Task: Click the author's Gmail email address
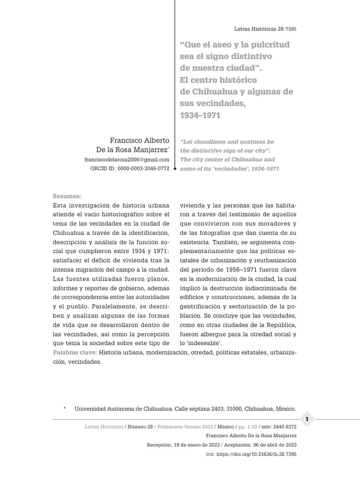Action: coord(127,159)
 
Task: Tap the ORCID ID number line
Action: coord(129,168)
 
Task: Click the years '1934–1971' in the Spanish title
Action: coord(200,115)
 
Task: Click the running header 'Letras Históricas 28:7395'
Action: coord(265,29)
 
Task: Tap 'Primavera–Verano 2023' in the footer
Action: coord(185,427)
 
